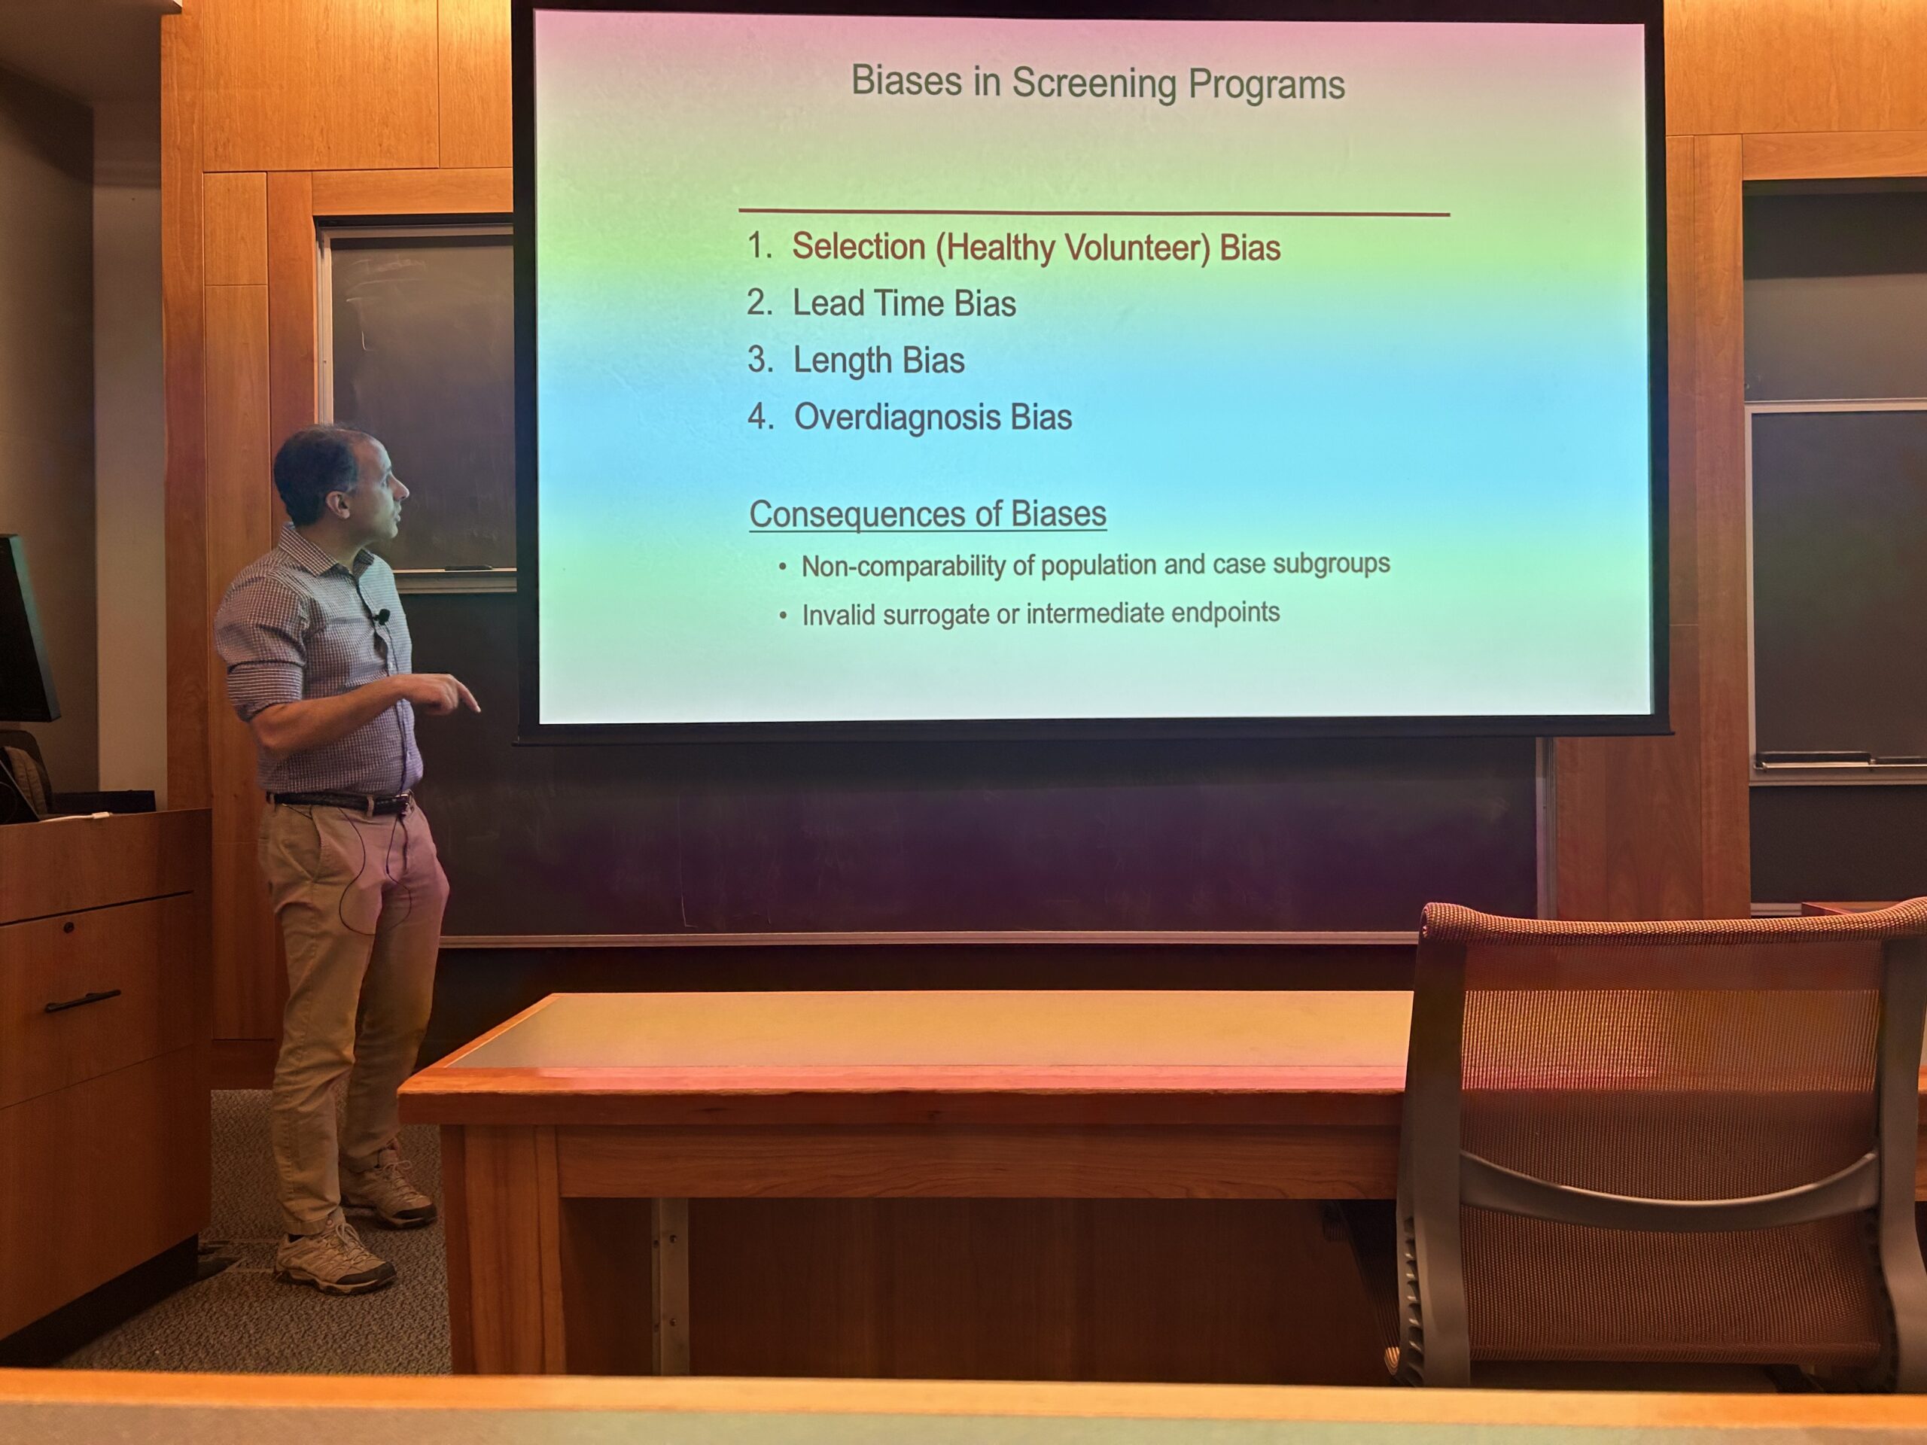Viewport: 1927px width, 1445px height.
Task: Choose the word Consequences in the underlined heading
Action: tap(848, 514)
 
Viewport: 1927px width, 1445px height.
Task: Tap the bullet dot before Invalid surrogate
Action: tap(783, 616)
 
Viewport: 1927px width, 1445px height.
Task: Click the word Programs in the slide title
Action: tap(1267, 85)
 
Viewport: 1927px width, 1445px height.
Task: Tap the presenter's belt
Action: tap(339, 802)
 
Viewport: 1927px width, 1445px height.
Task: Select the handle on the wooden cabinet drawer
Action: tap(83, 1001)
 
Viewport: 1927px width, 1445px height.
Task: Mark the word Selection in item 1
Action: tap(858, 248)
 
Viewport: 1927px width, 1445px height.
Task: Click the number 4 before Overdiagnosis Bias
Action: tap(758, 416)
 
